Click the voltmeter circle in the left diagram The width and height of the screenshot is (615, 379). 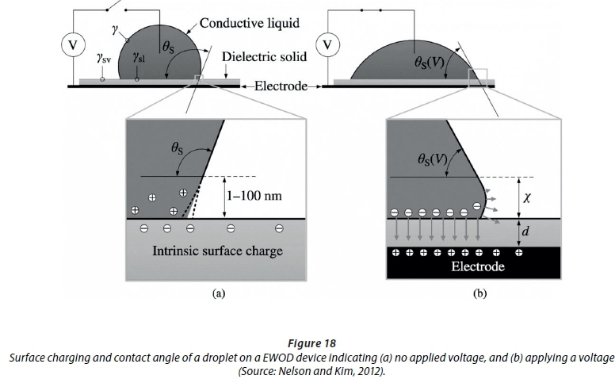click(74, 45)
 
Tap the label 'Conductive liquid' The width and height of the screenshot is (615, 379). click(249, 23)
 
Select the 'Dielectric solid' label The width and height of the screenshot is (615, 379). click(262, 57)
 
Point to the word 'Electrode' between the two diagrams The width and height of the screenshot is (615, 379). click(281, 86)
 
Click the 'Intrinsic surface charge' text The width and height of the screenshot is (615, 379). click(217, 252)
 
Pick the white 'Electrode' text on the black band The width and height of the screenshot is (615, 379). click(478, 266)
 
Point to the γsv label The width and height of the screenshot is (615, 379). click(103, 58)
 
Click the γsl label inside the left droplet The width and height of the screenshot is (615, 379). click(139, 58)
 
